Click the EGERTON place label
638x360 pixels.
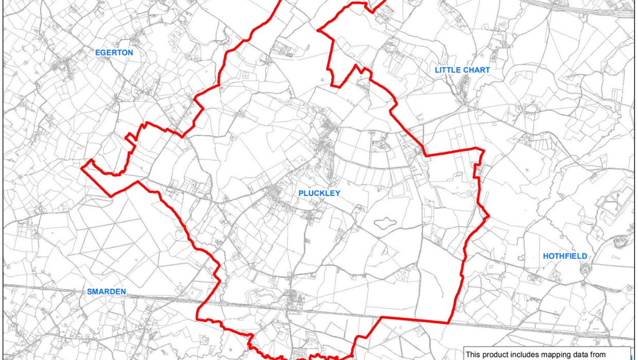click(x=114, y=52)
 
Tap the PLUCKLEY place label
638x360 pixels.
click(x=319, y=193)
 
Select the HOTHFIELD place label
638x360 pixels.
click(x=565, y=256)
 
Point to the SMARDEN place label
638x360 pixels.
click(x=107, y=292)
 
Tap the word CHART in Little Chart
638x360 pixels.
click(x=477, y=70)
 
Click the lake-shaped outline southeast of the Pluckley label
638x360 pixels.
click(x=384, y=223)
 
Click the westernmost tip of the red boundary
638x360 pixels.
click(x=83, y=167)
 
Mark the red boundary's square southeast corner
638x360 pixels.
click(x=449, y=323)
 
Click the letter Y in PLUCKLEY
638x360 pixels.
click(x=338, y=193)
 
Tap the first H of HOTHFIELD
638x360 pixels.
click(x=546, y=256)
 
